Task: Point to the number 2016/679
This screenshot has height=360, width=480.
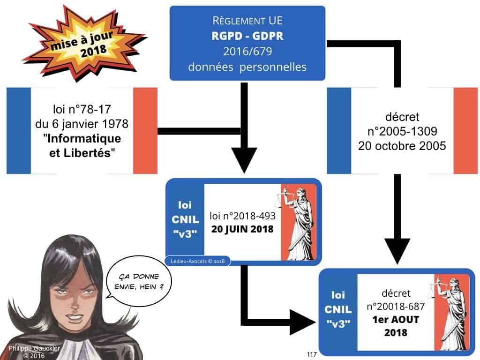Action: pos(247,52)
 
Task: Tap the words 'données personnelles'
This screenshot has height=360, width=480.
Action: pos(247,67)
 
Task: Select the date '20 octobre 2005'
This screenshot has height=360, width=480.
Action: pos(402,145)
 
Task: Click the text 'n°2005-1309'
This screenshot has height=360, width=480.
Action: pos(402,131)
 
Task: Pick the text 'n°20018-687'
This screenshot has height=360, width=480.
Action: pos(397,307)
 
